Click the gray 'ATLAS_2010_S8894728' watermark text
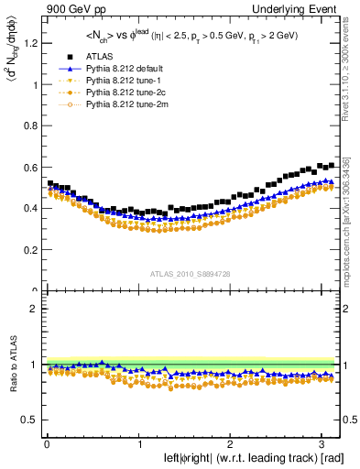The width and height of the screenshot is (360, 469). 191,274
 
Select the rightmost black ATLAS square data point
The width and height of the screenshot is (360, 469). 330,165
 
